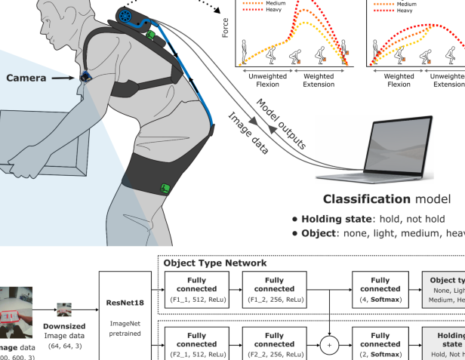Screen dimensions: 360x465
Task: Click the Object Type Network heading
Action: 215,263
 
